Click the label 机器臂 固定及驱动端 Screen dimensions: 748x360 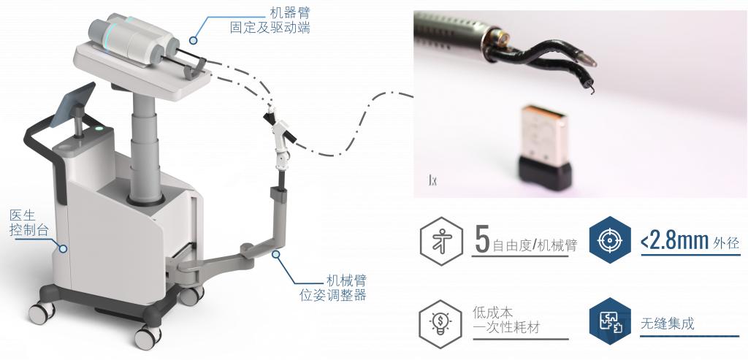tap(270, 20)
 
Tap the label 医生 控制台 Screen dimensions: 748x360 tap(29, 223)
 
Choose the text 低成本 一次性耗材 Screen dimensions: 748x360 tap(507, 320)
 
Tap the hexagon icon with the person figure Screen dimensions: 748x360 tap(441, 241)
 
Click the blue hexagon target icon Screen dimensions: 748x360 tap(610, 240)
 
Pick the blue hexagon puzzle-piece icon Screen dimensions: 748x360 tap(610, 321)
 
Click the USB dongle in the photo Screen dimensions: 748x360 tap(545, 147)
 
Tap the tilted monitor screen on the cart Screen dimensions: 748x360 tap(72, 105)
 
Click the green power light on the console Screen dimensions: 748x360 tap(99, 128)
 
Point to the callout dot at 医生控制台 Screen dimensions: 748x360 tap(63, 248)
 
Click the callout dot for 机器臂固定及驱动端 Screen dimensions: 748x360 tap(193, 41)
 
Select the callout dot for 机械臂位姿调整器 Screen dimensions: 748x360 tap(276, 254)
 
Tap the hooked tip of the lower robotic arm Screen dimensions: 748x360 tap(592, 88)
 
